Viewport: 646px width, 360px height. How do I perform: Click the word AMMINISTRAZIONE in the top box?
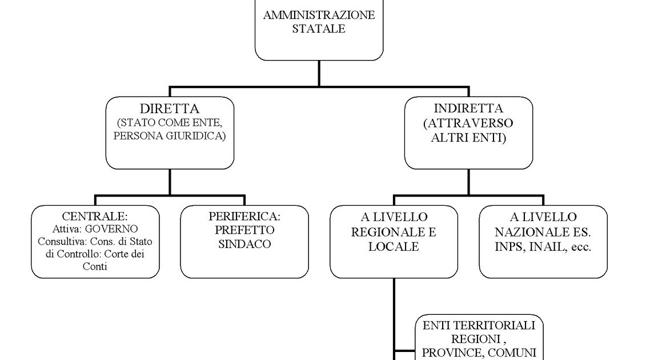pos(319,15)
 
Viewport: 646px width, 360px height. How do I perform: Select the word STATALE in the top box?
pos(319,29)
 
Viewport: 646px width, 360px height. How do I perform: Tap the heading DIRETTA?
pos(170,109)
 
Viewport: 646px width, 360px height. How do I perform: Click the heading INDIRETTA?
pos(468,109)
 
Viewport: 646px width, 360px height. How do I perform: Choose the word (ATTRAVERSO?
pos(468,123)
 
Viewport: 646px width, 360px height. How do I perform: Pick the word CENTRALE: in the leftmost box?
pos(95,217)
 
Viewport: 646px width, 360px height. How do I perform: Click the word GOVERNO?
pos(111,229)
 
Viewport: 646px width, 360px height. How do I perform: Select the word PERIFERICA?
pos(244,217)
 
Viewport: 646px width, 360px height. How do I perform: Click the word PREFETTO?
pos(244,230)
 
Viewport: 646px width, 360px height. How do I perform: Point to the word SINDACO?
pos(244,244)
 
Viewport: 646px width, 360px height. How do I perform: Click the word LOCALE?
pos(394,247)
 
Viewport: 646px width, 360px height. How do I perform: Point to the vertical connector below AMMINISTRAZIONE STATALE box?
pos(319,73)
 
